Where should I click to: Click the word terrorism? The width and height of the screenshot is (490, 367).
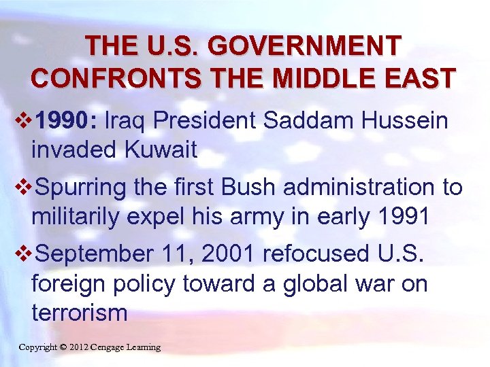click(x=79, y=313)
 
